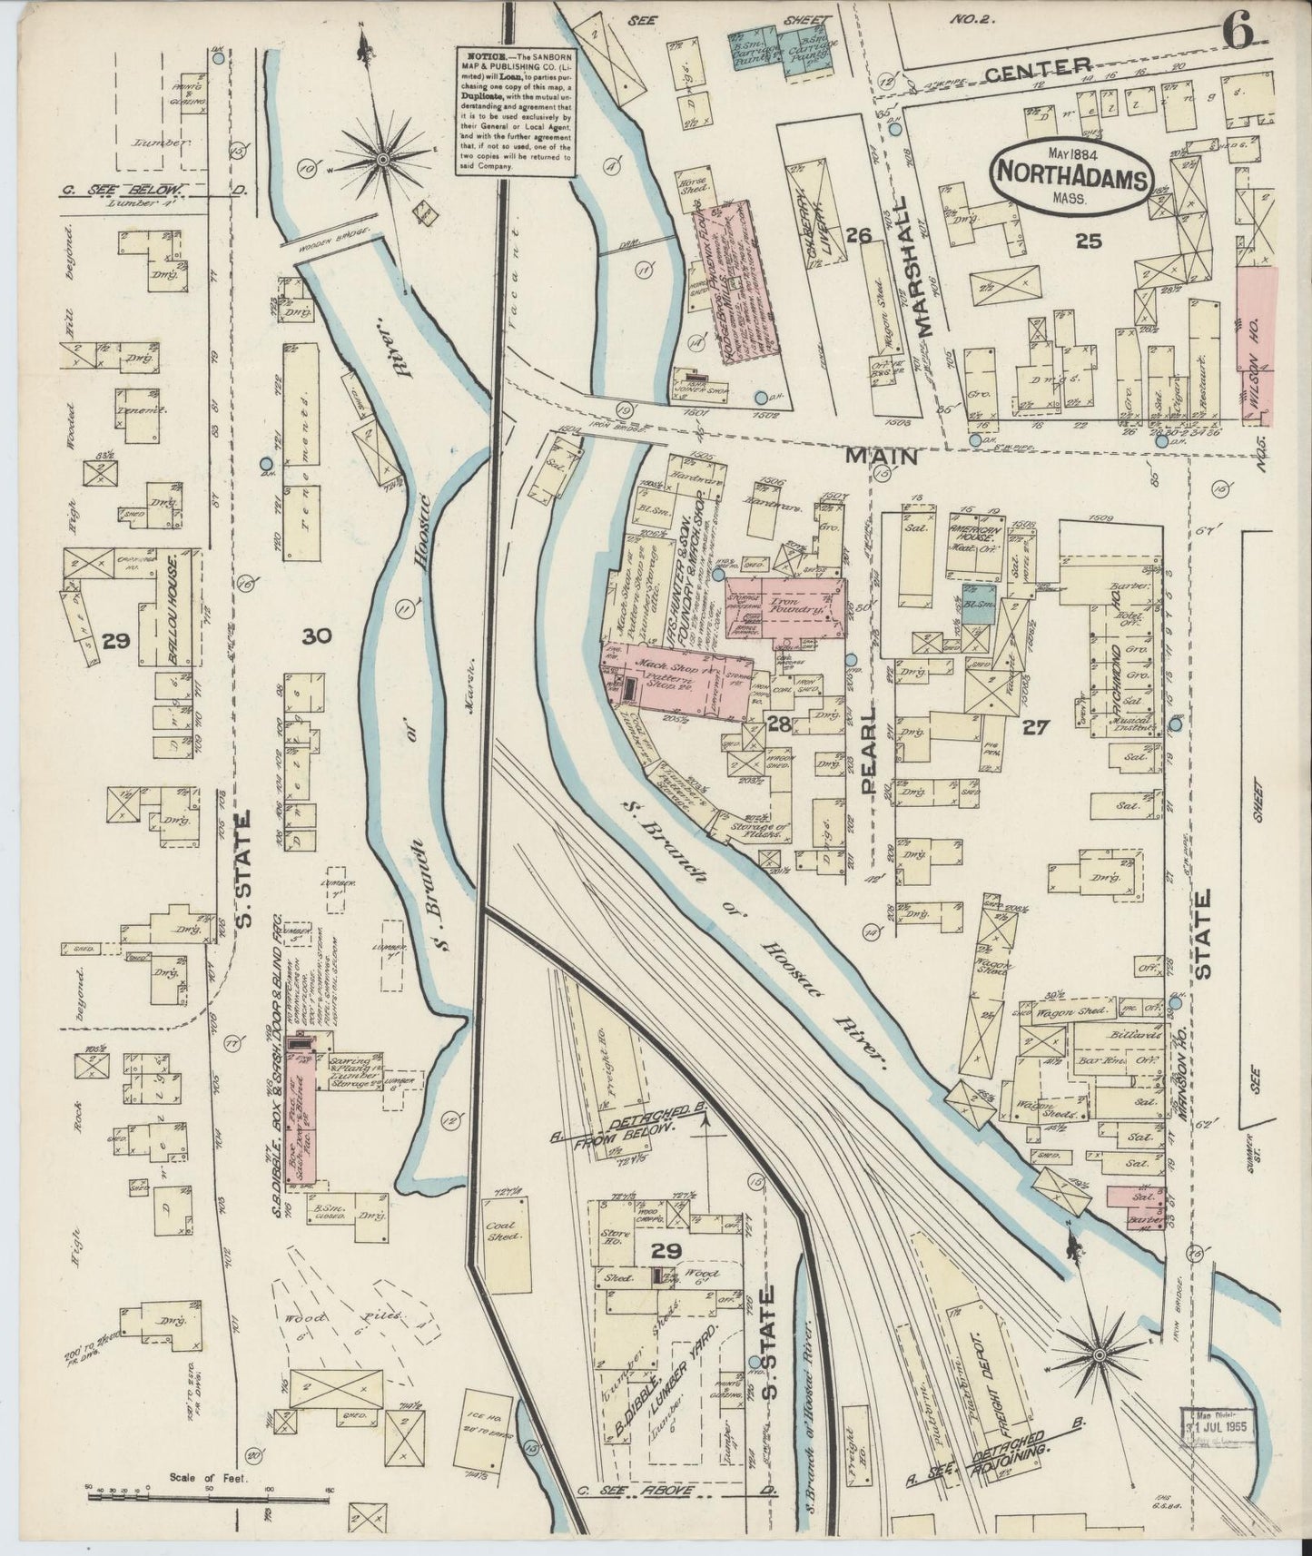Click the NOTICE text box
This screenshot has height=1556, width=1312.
click(x=514, y=112)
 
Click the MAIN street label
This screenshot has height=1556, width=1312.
click(x=881, y=458)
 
